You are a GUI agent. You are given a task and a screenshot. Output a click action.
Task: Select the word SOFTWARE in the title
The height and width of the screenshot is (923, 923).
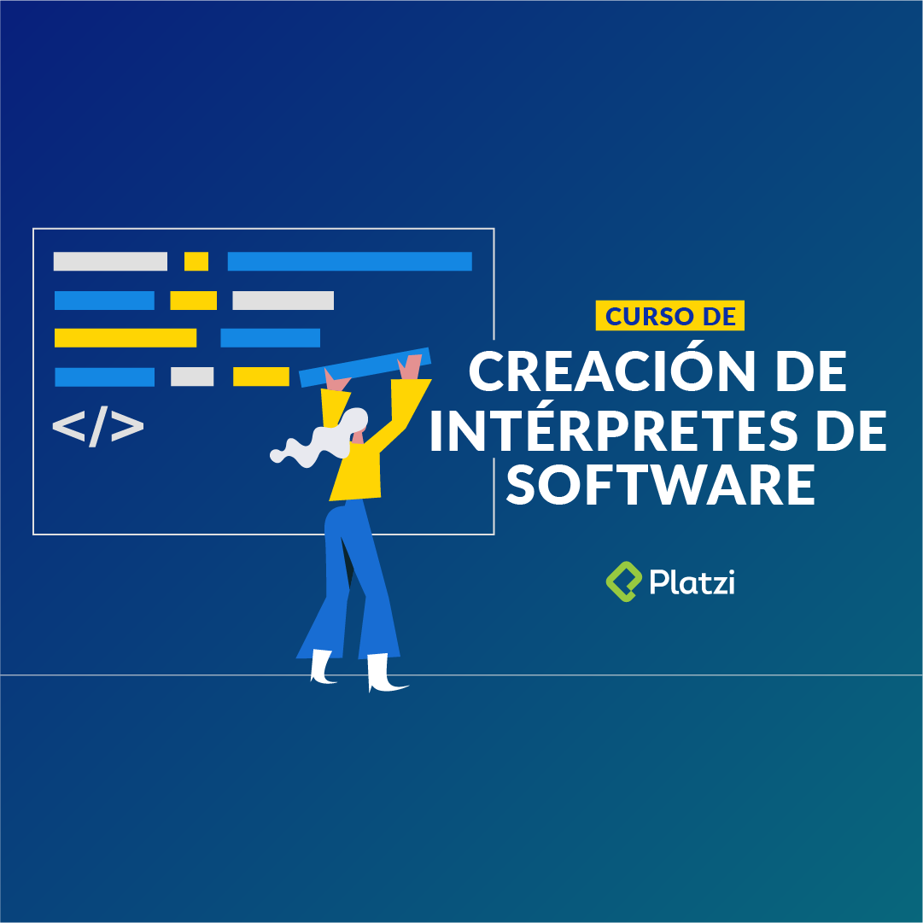[x=661, y=485]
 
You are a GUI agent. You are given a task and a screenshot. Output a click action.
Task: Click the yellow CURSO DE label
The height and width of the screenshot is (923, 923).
[x=670, y=316]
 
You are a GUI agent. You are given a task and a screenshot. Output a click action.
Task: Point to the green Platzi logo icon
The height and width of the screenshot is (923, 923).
[x=623, y=581]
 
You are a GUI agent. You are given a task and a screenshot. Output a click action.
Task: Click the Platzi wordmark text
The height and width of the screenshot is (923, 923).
[x=692, y=582]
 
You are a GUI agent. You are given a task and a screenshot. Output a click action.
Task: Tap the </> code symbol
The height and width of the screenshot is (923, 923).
[x=98, y=427]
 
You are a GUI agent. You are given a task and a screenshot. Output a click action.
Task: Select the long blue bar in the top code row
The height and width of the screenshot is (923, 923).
[x=349, y=261]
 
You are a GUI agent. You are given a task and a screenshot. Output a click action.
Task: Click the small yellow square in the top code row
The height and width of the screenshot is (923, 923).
[x=196, y=261]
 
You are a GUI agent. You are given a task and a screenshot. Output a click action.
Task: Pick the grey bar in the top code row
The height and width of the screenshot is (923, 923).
[x=110, y=261]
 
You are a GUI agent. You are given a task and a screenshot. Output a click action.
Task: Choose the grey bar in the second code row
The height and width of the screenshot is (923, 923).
[x=283, y=301]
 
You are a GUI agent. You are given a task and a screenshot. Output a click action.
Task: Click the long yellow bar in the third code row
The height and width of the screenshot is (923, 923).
[x=126, y=338]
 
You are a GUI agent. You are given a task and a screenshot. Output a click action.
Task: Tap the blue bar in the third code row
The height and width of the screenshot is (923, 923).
[x=270, y=338]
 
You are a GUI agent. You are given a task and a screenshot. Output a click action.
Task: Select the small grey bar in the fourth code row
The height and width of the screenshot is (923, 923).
[x=192, y=377]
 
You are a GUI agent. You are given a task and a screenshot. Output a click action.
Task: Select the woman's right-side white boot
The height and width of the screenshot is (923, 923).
[x=383, y=675]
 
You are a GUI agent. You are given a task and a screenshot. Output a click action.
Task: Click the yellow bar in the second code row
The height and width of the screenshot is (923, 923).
[x=193, y=301]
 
